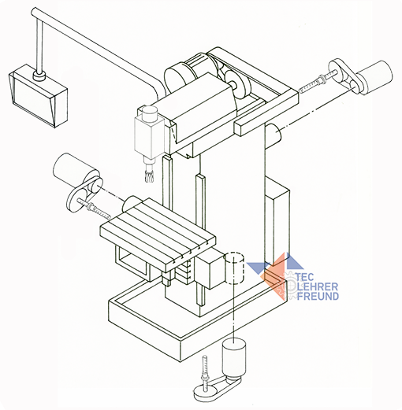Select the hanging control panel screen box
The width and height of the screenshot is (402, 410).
[38, 96]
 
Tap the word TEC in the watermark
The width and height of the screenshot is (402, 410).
[305, 278]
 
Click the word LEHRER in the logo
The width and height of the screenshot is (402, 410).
[318, 286]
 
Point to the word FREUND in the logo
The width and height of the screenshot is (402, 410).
[318, 296]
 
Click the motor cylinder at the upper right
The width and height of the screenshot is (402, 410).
[374, 77]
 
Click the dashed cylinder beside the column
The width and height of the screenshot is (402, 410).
[235, 268]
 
